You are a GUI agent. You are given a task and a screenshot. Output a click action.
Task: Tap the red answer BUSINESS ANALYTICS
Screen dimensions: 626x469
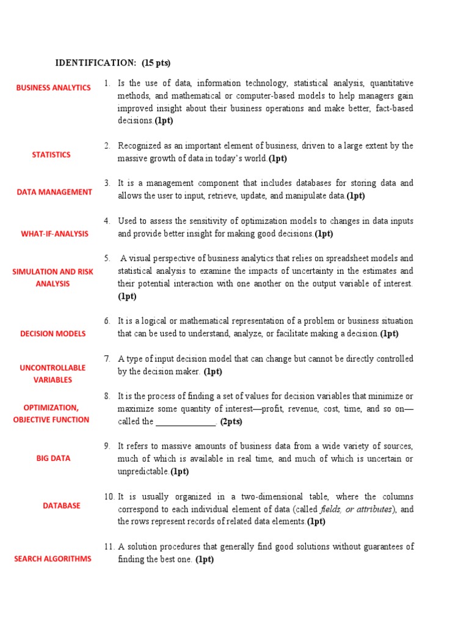coord(53,87)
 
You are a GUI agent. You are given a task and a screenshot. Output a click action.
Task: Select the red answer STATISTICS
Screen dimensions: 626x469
coord(51,155)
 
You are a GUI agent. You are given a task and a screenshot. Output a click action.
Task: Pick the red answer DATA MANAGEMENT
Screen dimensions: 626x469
coord(54,192)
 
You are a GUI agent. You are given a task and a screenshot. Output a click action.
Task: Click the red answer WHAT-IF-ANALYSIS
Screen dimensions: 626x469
coord(54,234)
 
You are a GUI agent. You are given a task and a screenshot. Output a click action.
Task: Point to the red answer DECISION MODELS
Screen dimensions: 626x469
coord(53,334)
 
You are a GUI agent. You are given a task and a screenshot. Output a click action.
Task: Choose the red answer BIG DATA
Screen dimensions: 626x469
coord(53,458)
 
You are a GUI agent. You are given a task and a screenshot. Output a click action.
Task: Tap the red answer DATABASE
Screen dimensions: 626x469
coord(61,506)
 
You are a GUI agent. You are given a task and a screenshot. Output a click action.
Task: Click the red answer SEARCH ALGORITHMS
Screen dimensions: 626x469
coord(53,559)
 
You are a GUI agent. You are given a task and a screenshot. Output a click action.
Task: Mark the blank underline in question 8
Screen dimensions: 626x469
coord(186,422)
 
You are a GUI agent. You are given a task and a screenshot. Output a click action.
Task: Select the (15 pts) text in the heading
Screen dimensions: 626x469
coord(156,62)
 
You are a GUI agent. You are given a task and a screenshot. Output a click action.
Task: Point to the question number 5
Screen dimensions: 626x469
coord(107,258)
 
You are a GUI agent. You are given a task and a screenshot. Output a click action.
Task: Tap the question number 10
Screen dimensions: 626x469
coord(109,496)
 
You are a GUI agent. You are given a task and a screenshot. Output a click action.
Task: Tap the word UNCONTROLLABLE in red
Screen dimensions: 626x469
coord(53,368)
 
